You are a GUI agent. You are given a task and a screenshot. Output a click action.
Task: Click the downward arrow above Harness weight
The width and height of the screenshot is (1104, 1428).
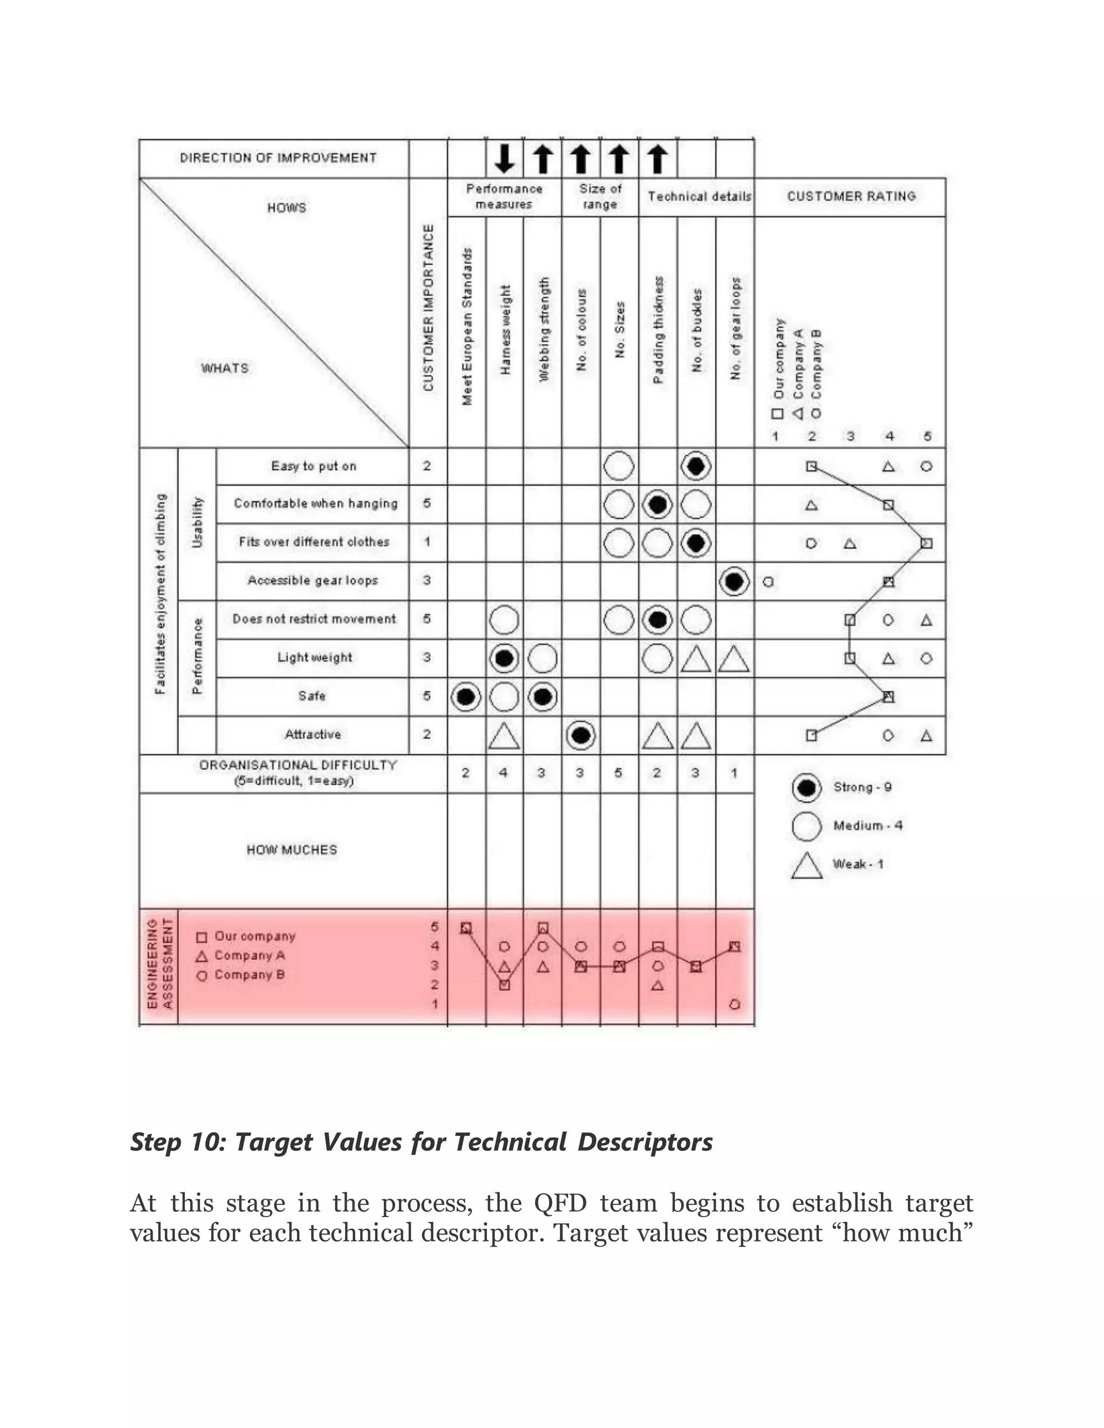[x=504, y=159]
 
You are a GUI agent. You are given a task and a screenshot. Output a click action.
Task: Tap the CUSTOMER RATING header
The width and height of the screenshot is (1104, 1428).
[x=851, y=196]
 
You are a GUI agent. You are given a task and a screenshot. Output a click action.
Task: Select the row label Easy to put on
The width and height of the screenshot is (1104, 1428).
[x=313, y=466]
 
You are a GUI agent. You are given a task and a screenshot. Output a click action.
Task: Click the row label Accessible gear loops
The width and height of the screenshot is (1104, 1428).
[x=313, y=580]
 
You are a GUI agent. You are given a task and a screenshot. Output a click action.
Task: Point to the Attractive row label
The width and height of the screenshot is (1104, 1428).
[x=313, y=734]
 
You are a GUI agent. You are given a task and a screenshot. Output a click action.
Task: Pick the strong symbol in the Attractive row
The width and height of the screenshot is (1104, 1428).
[x=581, y=736]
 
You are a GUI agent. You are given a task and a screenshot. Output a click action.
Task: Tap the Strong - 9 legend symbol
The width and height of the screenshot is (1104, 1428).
[x=806, y=788]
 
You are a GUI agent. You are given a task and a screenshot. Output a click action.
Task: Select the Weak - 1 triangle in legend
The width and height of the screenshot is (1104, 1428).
[x=806, y=866]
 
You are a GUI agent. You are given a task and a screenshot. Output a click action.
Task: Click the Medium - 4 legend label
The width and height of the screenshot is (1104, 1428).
[x=867, y=826]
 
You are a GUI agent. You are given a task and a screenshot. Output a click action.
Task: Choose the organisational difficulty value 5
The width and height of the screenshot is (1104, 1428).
[x=618, y=773]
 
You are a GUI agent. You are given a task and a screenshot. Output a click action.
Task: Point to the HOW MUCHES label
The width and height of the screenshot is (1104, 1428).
[x=292, y=850]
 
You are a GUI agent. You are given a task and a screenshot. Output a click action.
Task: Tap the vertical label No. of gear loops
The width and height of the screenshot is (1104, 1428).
[x=736, y=328]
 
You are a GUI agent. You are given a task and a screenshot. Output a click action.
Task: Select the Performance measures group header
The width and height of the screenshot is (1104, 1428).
[x=504, y=196]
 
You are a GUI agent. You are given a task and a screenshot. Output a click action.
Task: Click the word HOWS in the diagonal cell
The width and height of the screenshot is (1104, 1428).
[x=286, y=208]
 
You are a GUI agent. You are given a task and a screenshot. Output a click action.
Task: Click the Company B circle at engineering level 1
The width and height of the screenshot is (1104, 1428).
[x=735, y=1004]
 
